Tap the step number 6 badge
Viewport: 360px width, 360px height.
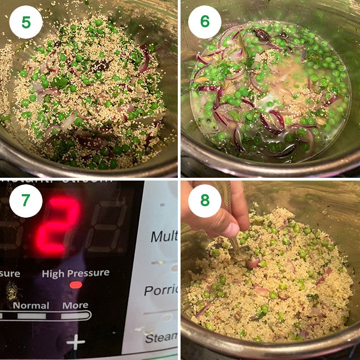[205, 22]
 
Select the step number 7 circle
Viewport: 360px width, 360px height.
[25, 201]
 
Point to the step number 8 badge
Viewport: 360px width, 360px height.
[205, 201]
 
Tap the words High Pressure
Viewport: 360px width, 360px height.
[75, 273]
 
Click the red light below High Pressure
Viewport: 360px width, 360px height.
[76, 285]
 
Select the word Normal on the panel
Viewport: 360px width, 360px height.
[31, 305]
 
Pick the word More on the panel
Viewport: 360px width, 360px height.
[75, 305]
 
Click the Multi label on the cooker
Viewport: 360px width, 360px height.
[164, 237]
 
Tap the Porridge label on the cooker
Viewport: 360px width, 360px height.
[161, 290]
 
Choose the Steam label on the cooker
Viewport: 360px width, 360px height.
[161, 338]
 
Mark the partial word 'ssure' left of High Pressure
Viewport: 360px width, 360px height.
[10, 273]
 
